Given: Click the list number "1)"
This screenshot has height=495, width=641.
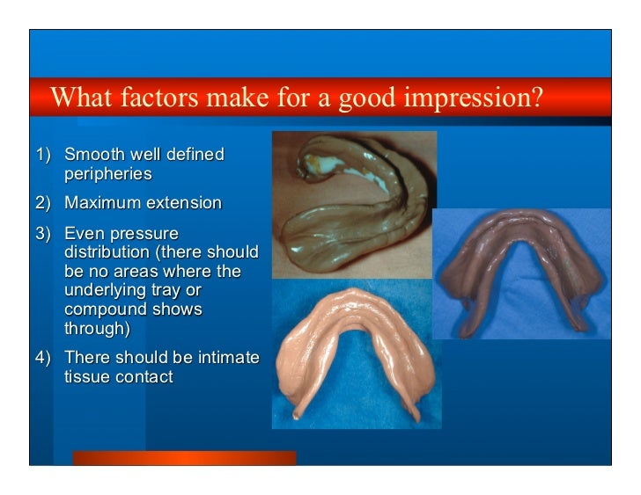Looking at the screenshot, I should click(x=44, y=155).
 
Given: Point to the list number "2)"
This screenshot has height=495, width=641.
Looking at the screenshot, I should click(x=44, y=203).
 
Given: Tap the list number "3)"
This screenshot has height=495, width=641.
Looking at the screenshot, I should click(x=44, y=234).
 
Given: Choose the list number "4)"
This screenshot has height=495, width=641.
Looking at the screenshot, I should click(x=44, y=358).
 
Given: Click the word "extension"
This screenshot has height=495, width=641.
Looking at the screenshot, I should click(x=183, y=203).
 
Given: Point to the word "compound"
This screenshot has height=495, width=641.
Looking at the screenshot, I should click(x=104, y=309).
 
